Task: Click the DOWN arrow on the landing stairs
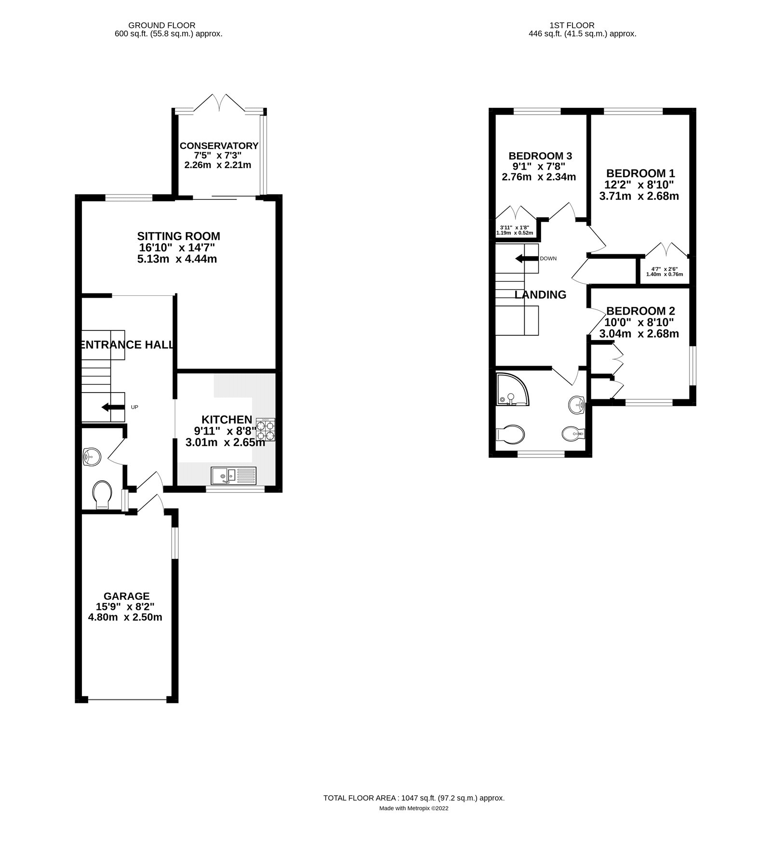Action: [527, 259]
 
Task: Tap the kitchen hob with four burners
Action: [266, 429]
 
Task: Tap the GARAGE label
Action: [127, 596]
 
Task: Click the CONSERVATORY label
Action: [219, 145]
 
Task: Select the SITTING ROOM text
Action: [179, 236]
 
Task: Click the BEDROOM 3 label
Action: [540, 156]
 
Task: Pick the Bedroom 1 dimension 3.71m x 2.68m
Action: [639, 196]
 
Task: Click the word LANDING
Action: [540, 294]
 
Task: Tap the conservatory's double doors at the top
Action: [219, 102]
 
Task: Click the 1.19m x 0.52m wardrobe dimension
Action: [515, 233]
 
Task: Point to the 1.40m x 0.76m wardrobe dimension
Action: [664, 275]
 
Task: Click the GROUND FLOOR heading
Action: [161, 25]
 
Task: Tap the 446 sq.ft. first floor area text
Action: [582, 34]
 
